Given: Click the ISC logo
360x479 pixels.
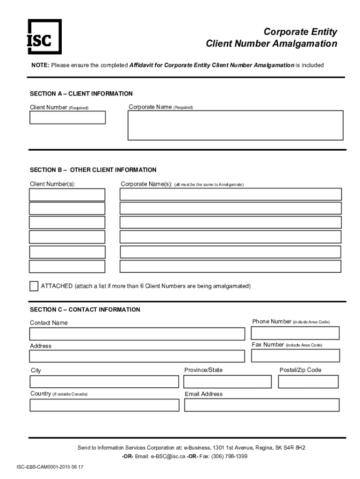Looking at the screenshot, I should [44, 36].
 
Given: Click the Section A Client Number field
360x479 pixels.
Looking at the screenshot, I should [68, 117].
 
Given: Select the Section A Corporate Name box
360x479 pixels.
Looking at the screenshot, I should [236, 125].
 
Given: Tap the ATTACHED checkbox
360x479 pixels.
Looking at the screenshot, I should [34, 286].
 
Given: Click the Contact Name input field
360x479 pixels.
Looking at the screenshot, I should [137, 334].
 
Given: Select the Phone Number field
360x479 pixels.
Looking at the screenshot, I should [295, 333].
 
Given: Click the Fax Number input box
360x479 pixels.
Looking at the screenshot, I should [295, 356].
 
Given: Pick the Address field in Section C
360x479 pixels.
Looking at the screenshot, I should [137, 356].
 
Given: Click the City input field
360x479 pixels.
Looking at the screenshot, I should [104, 381].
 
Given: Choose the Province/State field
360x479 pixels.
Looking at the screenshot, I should [227, 381].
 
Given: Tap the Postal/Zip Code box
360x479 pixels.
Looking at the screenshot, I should [308, 381].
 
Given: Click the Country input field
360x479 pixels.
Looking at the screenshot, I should [104, 405].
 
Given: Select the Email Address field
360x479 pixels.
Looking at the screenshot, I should [261, 405].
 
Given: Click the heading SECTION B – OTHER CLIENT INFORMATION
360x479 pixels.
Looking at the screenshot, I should [93, 170].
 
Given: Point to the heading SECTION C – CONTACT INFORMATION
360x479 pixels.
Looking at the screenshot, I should [85, 310].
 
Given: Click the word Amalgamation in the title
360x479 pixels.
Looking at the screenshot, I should [305, 44].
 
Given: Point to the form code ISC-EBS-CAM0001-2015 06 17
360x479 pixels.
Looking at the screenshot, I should [50, 467].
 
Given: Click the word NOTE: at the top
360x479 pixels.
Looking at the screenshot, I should [40, 65].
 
